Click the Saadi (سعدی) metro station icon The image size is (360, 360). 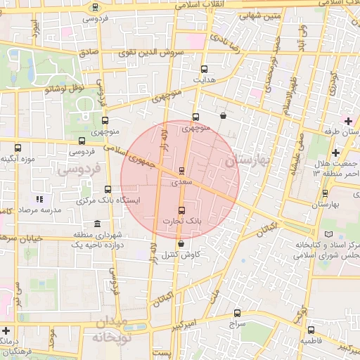tap(182, 171)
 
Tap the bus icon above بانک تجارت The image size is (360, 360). tap(182, 210)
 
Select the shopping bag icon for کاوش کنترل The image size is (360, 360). tap(182, 244)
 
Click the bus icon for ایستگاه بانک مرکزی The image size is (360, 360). tap(108, 189)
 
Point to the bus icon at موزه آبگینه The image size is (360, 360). tap(18, 148)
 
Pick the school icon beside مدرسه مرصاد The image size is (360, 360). tap(40, 200)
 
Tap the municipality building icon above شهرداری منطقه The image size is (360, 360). tap(96, 224)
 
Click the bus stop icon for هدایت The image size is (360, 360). tap(204, 70)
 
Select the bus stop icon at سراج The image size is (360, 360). tap(236, 314)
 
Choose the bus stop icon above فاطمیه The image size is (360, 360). tap(311, 329)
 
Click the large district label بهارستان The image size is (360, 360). tap(248, 161)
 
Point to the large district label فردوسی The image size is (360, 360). tap(79, 169)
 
